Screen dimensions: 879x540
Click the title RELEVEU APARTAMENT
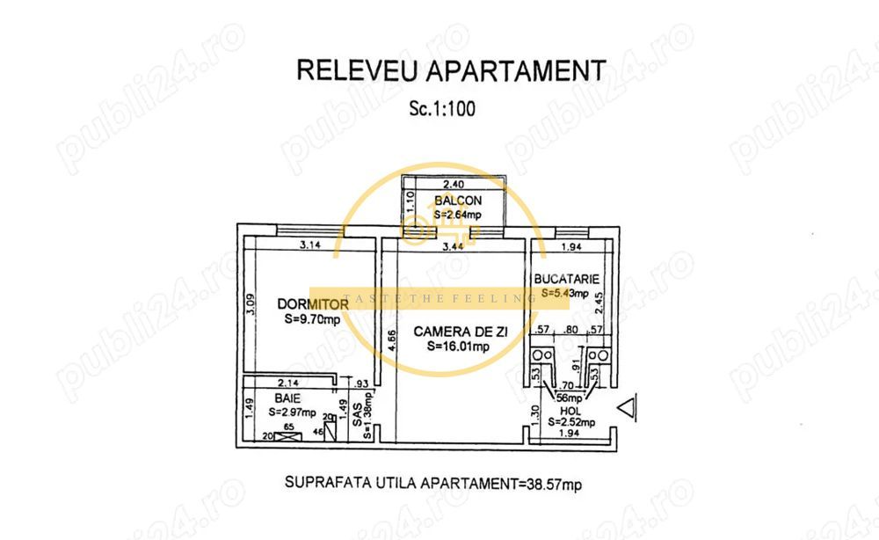coord(451,70)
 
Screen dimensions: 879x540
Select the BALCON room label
coord(454,201)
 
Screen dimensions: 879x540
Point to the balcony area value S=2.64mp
coord(457,214)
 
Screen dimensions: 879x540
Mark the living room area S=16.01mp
coord(458,347)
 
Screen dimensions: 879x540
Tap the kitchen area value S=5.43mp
coord(564,293)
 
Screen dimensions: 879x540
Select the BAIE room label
coord(280,398)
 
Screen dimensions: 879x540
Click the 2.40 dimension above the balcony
coord(453,185)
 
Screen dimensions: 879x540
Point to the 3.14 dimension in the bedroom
coord(308,245)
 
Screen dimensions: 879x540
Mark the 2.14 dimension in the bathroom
coord(287,383)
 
